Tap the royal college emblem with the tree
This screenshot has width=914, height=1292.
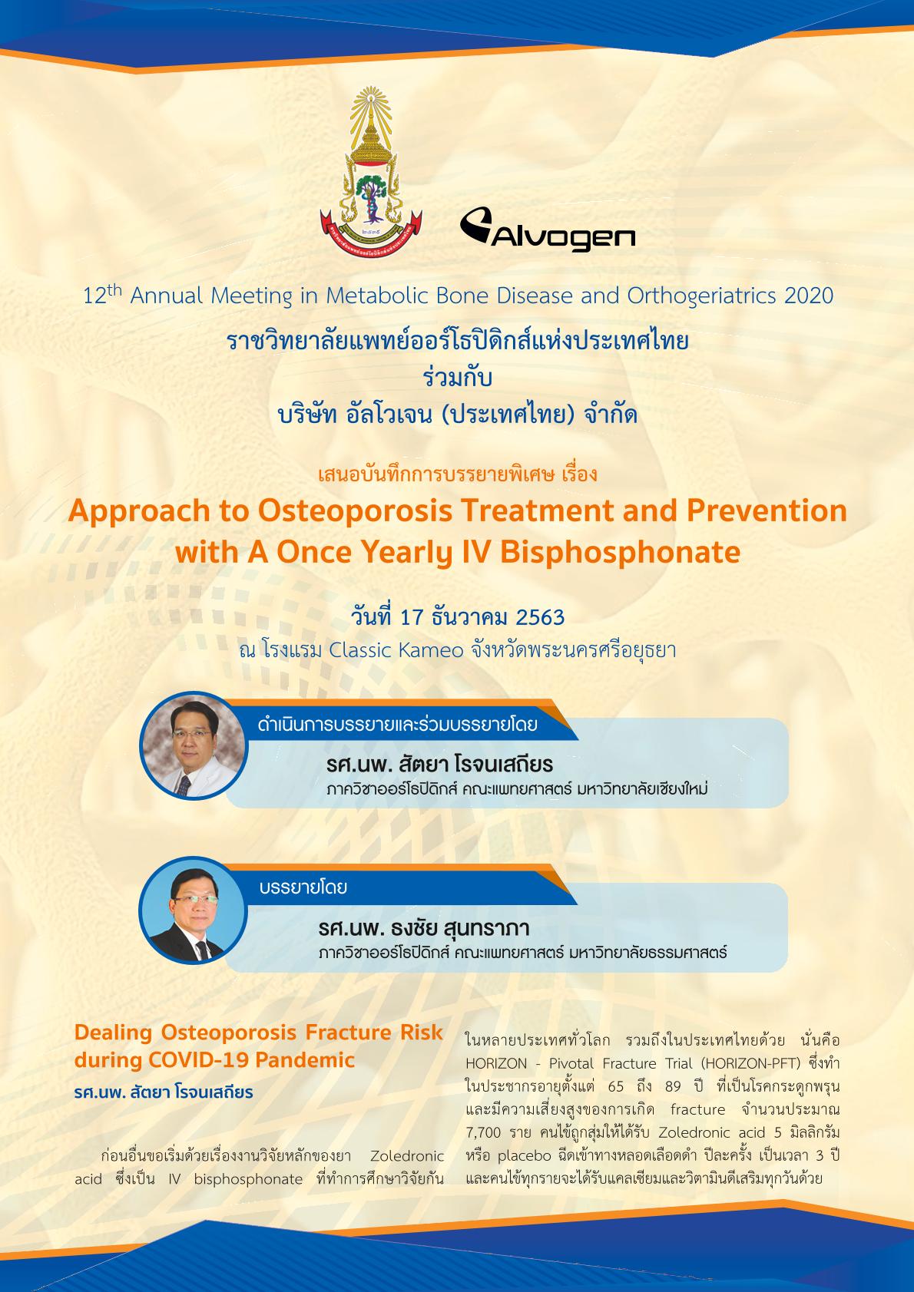tap(371, 172)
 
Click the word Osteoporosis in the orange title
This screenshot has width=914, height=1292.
tap(355, 511)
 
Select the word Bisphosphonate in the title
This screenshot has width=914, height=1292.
tap(621, 553)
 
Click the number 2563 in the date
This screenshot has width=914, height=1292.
tap(540, 618)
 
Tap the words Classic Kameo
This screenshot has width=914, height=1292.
tap(396, 651)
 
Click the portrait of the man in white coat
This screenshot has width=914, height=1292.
tap(193, 746)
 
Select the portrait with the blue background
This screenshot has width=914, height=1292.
tap(193, 910)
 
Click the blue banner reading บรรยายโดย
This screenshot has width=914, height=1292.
tap(398, 887)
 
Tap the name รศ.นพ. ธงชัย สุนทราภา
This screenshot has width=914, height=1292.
tap(423, 929)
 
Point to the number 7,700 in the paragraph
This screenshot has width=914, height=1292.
tap(483, 1133)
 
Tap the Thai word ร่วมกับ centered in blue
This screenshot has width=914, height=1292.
tap(457, 378)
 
